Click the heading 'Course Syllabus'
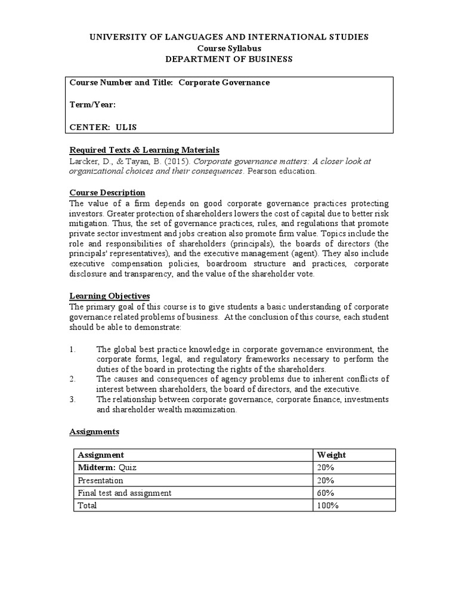click(228, 48)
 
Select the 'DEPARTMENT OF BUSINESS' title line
click(228, 58)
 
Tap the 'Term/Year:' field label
click(92, 105)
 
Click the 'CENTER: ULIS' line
click(107, 127)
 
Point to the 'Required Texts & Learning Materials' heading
click(145, 150)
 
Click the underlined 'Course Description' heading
click(107, 193)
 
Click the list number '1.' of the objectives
click(73, 350)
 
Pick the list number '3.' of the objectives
click(73, 399)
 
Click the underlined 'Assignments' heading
click(94, 431)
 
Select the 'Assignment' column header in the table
click(101, 455)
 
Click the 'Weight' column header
click(331, 455)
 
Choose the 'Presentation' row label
click(100, 480)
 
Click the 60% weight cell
click(326, 493)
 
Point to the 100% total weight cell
click(328, 505)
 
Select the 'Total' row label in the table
click(87, 505)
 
